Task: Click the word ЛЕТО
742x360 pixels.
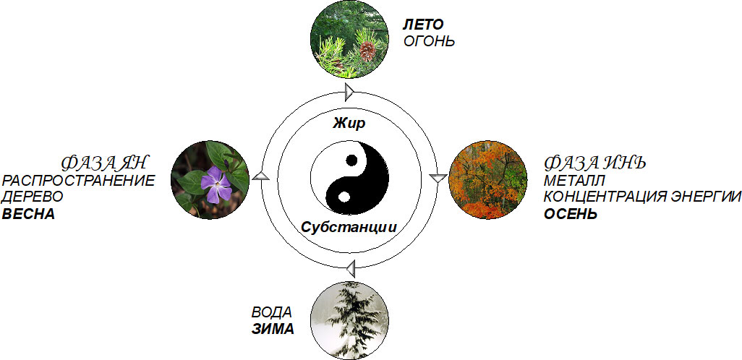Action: [423, 25]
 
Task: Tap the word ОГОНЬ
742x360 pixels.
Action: [430, 40]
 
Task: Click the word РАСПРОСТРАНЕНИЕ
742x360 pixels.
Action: [78, 181]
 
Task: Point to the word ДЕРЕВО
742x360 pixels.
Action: [33, 197]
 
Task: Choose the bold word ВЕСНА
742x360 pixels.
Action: [29, 214]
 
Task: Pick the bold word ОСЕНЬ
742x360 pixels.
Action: [571, 214]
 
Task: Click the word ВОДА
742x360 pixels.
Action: [272, 313]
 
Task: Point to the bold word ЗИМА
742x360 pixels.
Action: [273, 330]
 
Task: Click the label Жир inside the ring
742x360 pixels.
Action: [349, 124]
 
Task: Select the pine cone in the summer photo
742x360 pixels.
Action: [368, 50]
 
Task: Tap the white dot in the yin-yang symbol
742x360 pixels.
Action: [345, 195]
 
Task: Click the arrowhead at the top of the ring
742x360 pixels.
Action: [350, 92]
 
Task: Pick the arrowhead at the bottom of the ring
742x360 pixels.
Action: [350, 269]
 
